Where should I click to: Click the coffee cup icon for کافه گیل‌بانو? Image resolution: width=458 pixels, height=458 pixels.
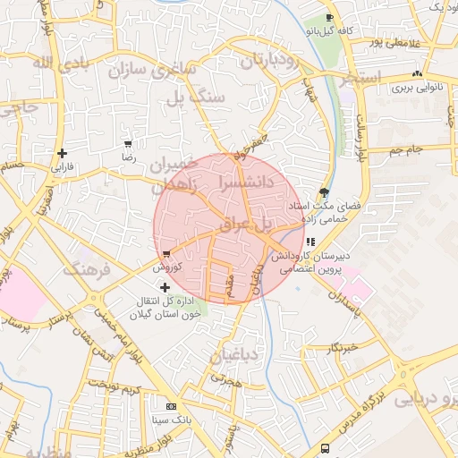(330, 18)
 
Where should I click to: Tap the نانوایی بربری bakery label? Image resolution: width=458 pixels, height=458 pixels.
(415, 89)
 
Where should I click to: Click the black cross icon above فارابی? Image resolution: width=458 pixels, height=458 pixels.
(62, 154)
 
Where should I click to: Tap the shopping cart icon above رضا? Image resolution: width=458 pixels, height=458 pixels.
(128, 144)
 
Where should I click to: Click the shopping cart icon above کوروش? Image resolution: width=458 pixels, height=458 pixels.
(166, 255)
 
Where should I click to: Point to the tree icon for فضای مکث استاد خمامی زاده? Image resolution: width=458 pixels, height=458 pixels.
(324, 192)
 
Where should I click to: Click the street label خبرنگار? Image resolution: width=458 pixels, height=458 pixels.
(342, 347)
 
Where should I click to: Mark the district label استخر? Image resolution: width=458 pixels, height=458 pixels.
(361, 76)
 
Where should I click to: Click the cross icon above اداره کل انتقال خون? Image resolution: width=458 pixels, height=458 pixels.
(165, 287)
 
